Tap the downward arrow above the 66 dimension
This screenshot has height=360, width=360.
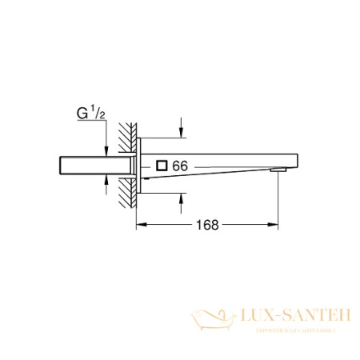coord(182,128)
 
